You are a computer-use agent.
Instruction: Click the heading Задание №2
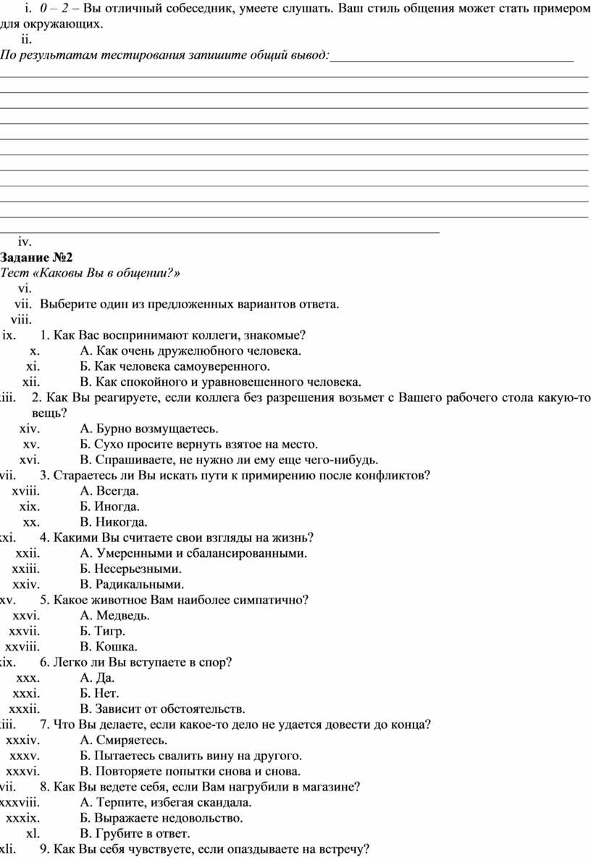point(37,257)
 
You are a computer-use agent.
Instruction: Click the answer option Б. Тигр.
point(102,631)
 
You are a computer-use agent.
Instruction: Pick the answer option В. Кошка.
point(108,646)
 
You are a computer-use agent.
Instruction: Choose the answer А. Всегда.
point(109,491)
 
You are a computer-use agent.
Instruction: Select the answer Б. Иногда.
point(109,506)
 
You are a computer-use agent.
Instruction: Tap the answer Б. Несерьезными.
point(130,569)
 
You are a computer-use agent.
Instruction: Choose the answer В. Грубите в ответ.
point(135,833)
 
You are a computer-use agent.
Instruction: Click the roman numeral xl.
point(33,833)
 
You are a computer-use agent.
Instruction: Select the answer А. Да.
point(97,677)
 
